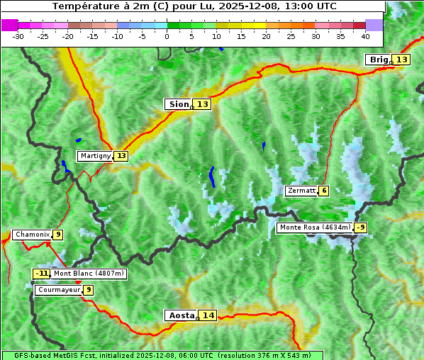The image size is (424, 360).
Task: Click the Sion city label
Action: [x=178, y=104]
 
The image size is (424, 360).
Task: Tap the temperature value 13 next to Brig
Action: [x=402, y=60]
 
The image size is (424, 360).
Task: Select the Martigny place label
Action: [x=95, y=156]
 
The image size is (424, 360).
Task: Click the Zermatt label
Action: [x=301, y=191]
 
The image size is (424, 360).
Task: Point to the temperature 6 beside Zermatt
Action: [x=323, y=191]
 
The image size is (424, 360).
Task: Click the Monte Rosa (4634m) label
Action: [x=314, y=227]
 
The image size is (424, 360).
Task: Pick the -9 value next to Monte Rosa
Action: [x=361, y=227]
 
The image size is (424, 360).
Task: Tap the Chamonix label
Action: [x=32, y=235]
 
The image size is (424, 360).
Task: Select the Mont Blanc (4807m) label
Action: [x=89, y=274]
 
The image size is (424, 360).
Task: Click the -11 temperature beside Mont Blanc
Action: [x=42, y=274]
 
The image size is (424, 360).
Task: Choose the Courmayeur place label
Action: [x=58, y=290]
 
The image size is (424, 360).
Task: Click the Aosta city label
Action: [x=180, y=315]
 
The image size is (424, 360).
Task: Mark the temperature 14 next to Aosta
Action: [x=207, y=315]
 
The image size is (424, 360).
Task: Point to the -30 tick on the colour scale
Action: [x=18, y=35]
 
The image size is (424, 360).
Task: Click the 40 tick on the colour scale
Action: [x=365, y=35]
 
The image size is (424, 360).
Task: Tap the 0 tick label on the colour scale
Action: [x=167, y=35]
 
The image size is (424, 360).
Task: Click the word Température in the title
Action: [x=84, y=6]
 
